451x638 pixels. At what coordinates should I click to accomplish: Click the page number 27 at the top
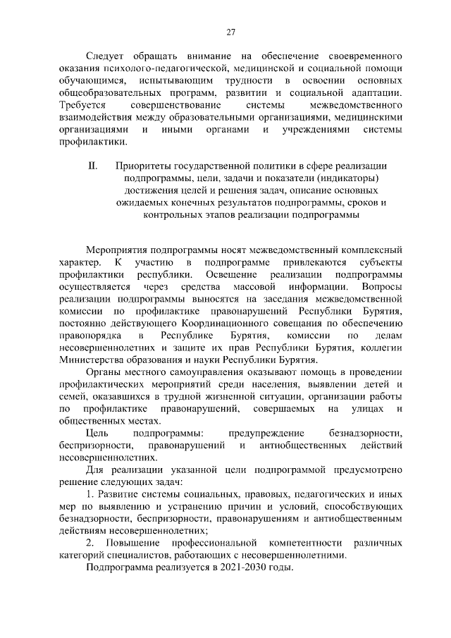(230, 31)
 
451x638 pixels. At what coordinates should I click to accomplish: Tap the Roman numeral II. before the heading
(92, 166)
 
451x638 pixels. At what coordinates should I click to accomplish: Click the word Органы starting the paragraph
(101, 372)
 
